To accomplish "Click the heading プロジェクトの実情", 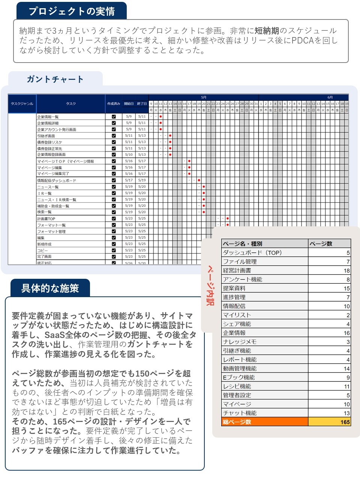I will coord(72,11).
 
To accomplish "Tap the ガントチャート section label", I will coord(55,79).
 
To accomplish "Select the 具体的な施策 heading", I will coord(50,288).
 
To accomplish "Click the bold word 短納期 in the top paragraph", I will coord(267,31).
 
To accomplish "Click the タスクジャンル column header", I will coord(22,104).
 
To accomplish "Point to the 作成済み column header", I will coord(114,104).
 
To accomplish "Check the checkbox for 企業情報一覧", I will coord(114,117).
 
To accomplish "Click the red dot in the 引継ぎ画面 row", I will coord(170,136).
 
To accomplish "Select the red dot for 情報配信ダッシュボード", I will coord(199,180).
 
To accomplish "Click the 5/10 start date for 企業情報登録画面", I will coord(129,155).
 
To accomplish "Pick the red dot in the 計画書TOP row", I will coord(228,218).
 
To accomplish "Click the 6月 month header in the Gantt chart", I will coord(330,97).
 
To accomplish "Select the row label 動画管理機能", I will coord(240,368).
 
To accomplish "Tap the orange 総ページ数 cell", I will coord(264,422).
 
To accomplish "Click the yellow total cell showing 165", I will coord(329,422).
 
